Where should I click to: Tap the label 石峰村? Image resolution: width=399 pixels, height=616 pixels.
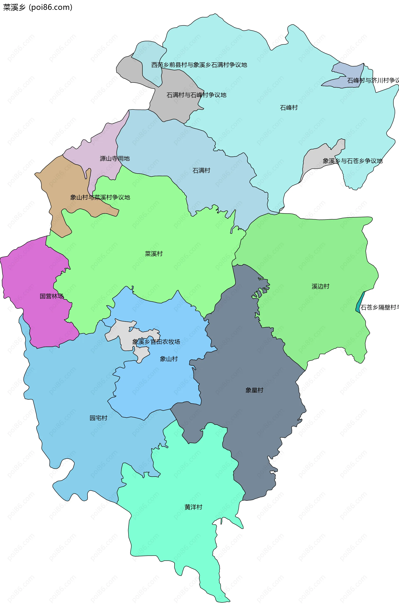[x=289, y=108]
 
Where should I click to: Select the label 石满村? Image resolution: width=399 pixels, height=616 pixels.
[x=201, y=171]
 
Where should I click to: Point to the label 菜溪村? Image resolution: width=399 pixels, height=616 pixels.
[x=154, y=254]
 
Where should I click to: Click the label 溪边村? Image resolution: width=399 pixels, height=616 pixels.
[x=320, y=286]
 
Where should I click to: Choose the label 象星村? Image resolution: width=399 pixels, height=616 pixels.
[x=254, y=390]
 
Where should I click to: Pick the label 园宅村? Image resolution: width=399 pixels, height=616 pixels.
[x=98, y=418]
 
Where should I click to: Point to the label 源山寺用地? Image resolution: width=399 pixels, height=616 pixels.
[x=115, y=158]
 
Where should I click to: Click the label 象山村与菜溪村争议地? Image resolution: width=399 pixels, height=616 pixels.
[x=100, y=197]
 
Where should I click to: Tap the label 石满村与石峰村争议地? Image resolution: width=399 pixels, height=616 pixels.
[x=196, y=95]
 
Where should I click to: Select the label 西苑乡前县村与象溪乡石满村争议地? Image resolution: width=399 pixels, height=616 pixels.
[x=199, y=65]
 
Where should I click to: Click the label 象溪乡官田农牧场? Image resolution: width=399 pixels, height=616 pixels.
[x=156, y=342]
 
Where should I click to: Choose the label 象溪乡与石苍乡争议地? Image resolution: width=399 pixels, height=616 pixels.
[x=352, y=161]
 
